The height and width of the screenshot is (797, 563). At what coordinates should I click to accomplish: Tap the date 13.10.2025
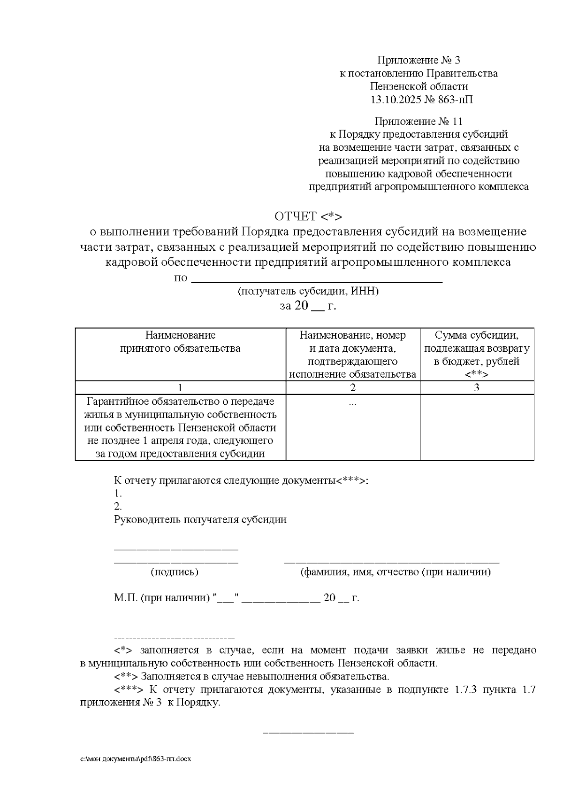[x=391, y=100]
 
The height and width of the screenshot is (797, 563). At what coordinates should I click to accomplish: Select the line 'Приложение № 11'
[x=419, y=122]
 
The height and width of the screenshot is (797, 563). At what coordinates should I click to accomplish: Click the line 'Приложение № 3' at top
[x=419, y=60]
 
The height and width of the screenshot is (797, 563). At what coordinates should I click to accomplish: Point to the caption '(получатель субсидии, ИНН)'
[x=308, y=291]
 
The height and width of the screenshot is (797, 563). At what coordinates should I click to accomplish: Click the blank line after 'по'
[x=318, y=279]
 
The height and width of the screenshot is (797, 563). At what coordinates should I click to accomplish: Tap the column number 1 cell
[x=180, y=388]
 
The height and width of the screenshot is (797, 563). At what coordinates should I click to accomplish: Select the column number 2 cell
[x=353, y=388]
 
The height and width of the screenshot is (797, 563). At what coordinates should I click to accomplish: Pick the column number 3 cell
[x=477, y=388]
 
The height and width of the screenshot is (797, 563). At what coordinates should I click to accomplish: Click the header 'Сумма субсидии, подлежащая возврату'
[x=477, y=342]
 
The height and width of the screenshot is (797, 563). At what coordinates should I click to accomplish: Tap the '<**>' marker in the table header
[x=477, y=375]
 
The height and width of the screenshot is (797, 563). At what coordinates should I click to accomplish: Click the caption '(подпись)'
[x=175, y=572]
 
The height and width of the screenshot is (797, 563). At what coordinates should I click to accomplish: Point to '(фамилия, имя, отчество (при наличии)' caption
[x=396, y=572]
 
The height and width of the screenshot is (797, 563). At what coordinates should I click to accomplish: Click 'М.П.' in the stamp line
[x=125, y=598]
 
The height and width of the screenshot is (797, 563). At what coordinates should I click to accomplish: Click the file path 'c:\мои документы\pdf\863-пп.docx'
[x=136, y=759]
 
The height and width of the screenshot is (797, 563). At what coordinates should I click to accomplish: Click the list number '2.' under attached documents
[x=118, y=507]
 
